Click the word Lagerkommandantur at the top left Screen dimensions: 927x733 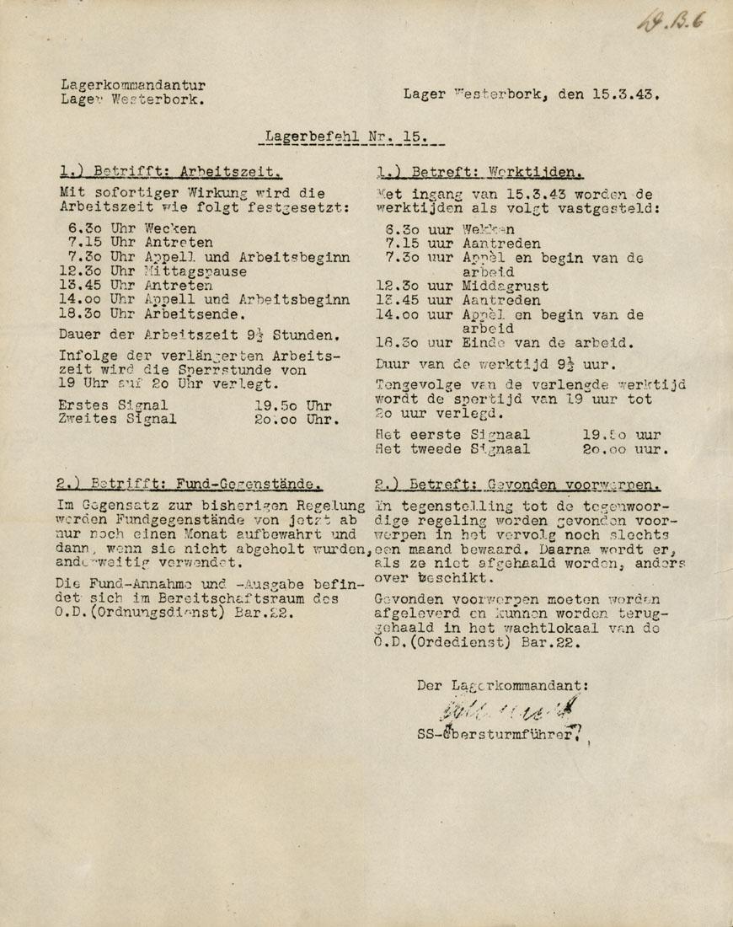coord(133,84)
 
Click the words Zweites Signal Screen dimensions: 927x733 coord(117,419)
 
